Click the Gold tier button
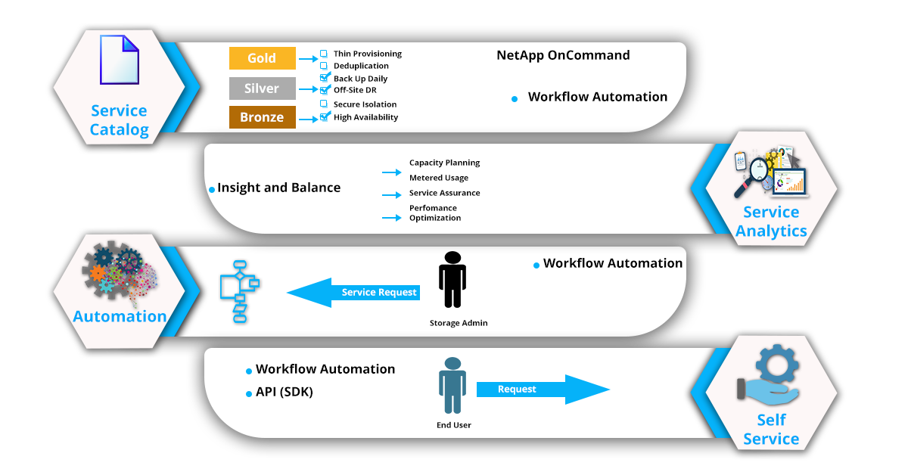(x=262, y=58)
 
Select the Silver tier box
(x=262, y=88)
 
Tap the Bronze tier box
(x=262, y=117)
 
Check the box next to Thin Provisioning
(x=324, y=54)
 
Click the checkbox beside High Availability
(x=325, y=117)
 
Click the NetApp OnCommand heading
(x=563, y=55)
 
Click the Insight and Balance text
(x=278, y=188)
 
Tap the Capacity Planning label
(x=444, y=163)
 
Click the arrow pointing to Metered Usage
(x=391, y=179)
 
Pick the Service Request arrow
(x=354, y=293)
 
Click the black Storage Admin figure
(x=452, y=281)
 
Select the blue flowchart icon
(x=238, y=291)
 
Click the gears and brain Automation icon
(x=119, y=273)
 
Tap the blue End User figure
(x=452, y=386)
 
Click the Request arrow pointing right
(x=542, y=390)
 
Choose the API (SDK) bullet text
(x=284, y=393)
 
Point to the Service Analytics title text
(x=771, y=222)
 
